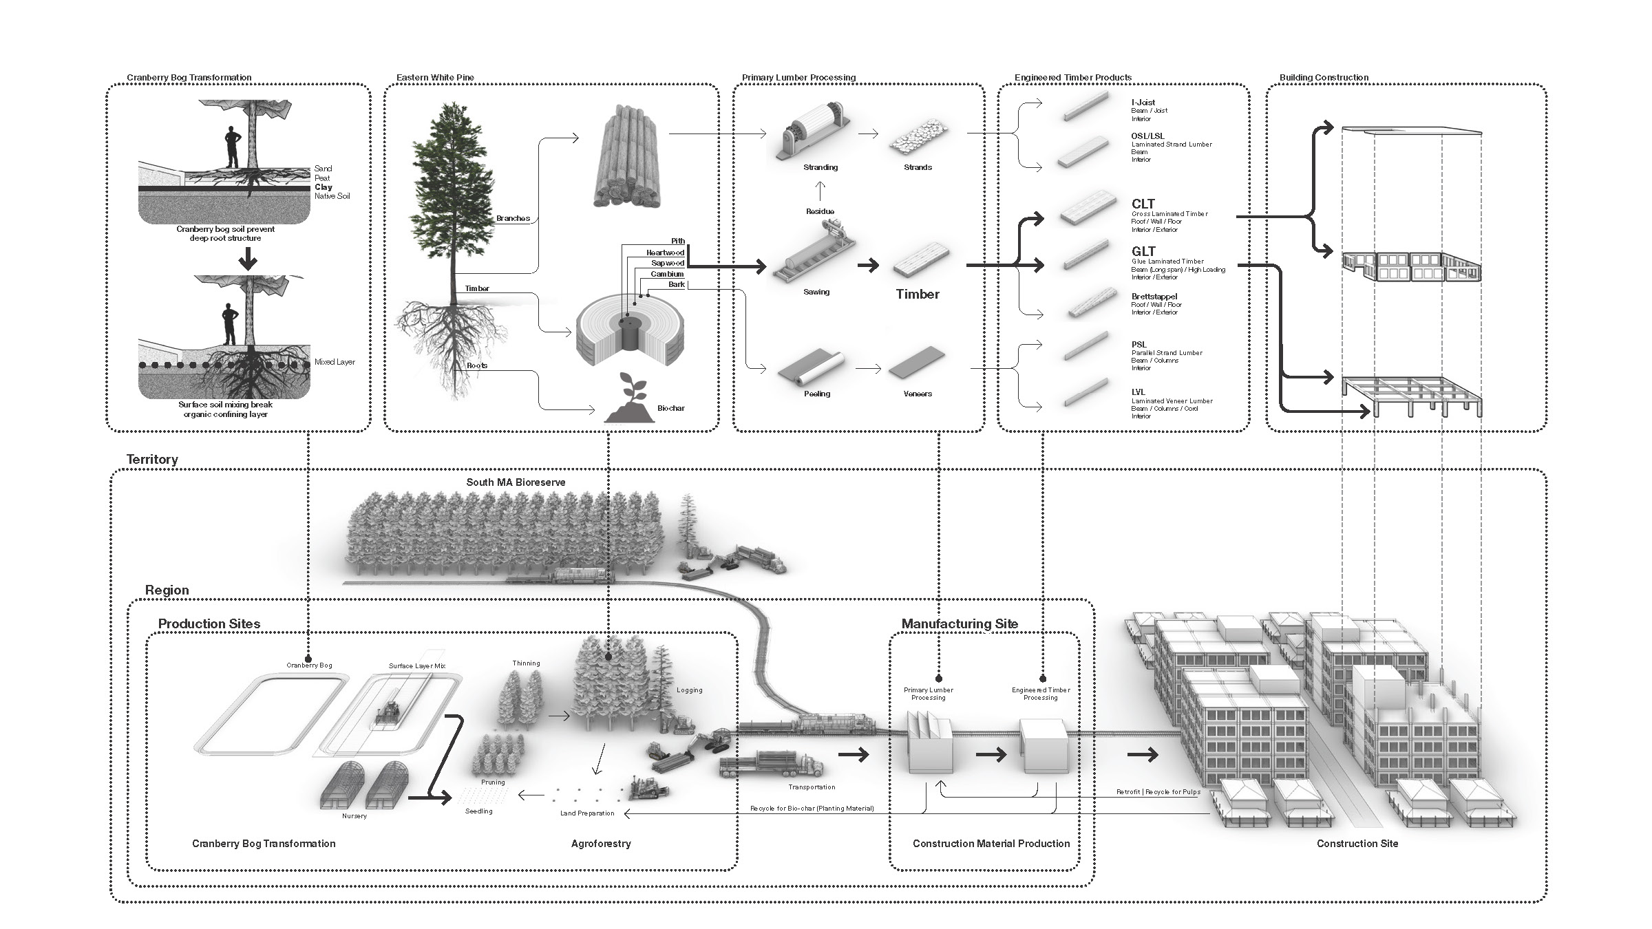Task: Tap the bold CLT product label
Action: click(1143, 204)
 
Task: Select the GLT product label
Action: click(1143, 251)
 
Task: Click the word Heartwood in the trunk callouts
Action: click(665, 253)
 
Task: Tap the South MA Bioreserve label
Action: click(516, 482)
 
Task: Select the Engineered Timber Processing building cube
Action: click(1044, 747)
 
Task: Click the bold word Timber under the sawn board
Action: click(918, 294)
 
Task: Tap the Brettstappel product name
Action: click(1154, 297)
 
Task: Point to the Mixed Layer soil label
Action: click(335, 362)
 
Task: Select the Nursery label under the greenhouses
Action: click(354, 816)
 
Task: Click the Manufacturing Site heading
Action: click(960, 623)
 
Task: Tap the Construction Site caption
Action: click(1357, 844)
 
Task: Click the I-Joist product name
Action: click(1143, 103)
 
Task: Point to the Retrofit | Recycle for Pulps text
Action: click(1158, 792)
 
